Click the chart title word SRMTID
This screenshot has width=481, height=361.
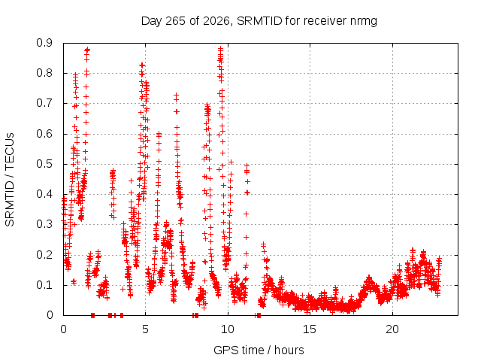[x=259, y=21]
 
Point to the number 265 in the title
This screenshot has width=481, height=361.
[x=175, y=21]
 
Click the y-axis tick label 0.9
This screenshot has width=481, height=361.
[x=44, y=43]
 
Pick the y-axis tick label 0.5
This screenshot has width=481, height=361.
[x=44, y=164]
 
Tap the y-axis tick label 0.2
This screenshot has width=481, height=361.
[x=44, y=255]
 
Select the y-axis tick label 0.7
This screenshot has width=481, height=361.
[x=44, y=104]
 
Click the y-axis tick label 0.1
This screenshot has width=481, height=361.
[x=44, y=285]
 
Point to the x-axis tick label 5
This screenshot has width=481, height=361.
[x=145, y=329]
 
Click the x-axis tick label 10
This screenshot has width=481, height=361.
[x=227, y=329]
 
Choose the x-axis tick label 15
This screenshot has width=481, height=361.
[x=310, y=329]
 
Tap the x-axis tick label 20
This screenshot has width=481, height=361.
[x=392, y=329]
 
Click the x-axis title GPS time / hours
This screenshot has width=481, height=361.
[x=259, y=350]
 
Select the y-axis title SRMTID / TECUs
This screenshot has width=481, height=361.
[x=10, y=180]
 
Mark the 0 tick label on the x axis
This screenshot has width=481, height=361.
[x=63, y=329]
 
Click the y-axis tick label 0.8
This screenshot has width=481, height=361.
[x=44, y=73]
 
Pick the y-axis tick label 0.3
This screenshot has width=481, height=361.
[x=44, y=224]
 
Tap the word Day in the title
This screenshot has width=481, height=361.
[x=152, y=22]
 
